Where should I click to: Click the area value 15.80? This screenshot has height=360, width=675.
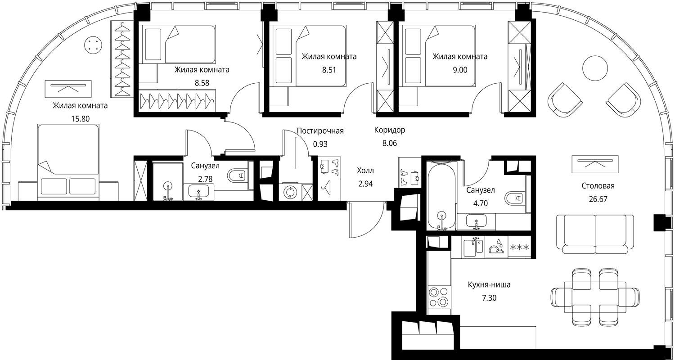(80, 119)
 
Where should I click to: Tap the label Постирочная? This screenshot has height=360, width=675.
(320, 131)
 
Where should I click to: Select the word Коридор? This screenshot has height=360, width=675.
(390, 130)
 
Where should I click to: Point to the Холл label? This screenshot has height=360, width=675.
(365, 171)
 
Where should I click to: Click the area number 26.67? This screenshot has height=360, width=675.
(598, 199)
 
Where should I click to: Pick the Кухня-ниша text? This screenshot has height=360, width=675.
(489, 285)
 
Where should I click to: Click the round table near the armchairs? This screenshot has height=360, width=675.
(595, 68)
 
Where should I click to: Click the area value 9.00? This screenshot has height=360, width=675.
(460, 70)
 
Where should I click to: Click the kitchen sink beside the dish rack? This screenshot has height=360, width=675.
(473, 247)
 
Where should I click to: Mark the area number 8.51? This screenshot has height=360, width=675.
(329, 70)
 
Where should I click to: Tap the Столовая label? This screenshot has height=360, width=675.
(598, 186)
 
